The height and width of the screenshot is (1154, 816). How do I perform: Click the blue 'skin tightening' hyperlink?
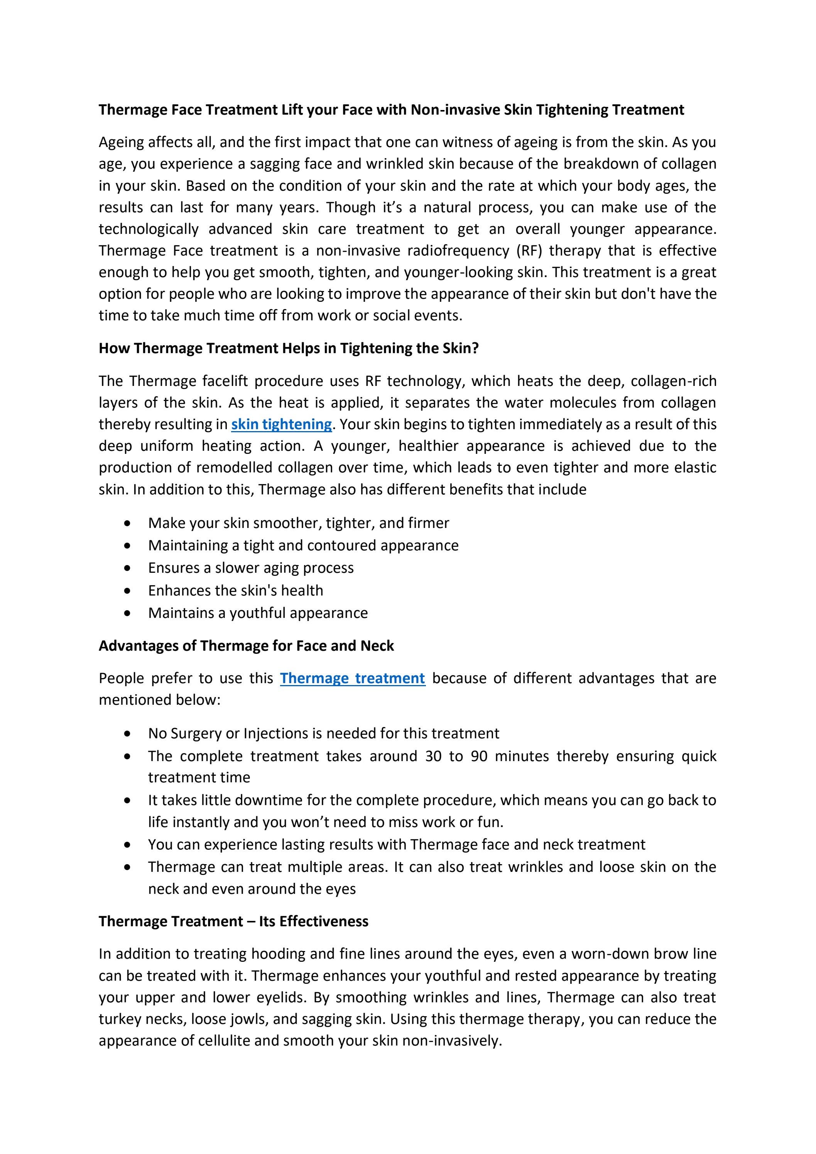[281, 425]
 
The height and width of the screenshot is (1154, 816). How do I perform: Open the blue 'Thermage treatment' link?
[352, 679]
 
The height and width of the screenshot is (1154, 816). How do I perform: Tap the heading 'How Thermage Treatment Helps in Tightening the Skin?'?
[289, 348]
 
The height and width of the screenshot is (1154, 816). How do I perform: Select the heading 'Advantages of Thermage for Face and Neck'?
[246, 646]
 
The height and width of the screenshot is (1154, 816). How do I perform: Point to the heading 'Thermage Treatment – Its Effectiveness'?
[234, 921]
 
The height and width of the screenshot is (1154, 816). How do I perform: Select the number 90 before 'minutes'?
[479, 756]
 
